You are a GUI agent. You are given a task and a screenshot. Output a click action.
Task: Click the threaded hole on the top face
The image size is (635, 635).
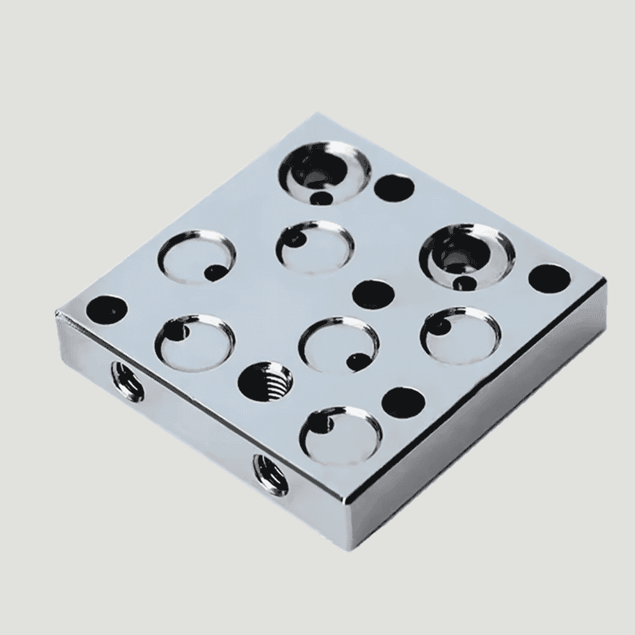point(265,383)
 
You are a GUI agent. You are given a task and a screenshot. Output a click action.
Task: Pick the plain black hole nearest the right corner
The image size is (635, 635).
point(549,279)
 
